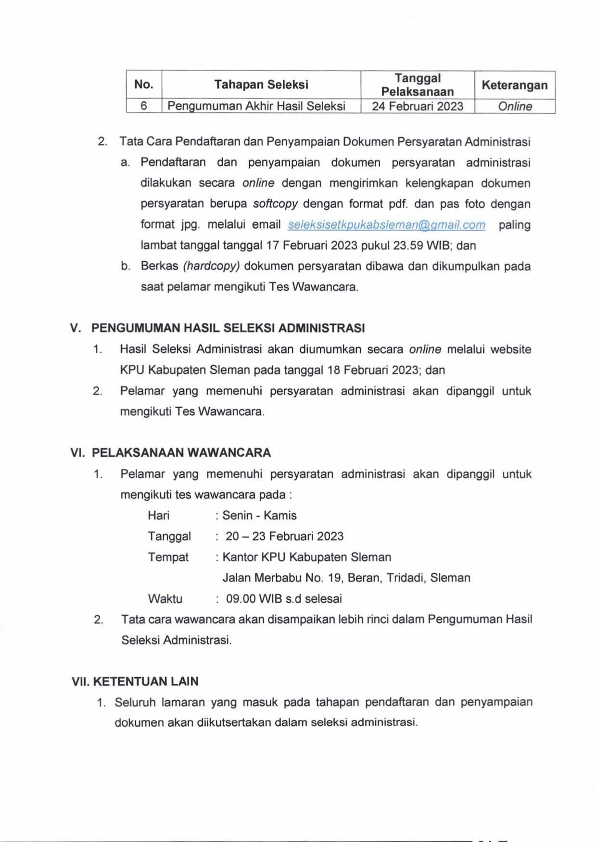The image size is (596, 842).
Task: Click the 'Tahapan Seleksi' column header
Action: pyautogui.click(x=261, y=85)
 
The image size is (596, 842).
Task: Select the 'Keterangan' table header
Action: pyautogui.click(x=514, y=86)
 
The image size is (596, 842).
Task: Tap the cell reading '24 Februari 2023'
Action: pyautogui.click(x=417, y=106)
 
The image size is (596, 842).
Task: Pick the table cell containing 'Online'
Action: pyautogui.click(x=514, y=106)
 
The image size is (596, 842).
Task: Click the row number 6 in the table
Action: pyautogui.click(x=143, y=106)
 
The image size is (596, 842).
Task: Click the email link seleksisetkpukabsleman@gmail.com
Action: pyautogui.click(x=386, y=225)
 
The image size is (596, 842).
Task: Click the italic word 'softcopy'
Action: pyautogui.click(x=275, y=204)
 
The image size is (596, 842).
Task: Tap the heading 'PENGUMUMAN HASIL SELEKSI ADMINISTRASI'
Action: pyautogui.click(x=228, y=328)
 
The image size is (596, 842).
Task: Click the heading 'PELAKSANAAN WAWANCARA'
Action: pyautogui.click(x=181, y=453)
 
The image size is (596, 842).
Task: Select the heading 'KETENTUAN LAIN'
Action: pyautogui.click(x=145, y=681)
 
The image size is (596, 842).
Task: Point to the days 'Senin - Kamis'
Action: pyautogui.click(x=259, y=516)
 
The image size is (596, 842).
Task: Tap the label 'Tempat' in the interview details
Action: pyautogui.click(x=168, y=557)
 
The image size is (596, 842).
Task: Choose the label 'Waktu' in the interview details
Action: pyautogui.click(x=165, y=599)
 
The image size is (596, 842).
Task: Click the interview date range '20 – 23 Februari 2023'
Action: pyautogui.click(x=284, y=536)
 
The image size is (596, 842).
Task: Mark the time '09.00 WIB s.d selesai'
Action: pyautogui.click(x=284, y=599)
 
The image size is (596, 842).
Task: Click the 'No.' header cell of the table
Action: pyautogui.click(x=143, y=85)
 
